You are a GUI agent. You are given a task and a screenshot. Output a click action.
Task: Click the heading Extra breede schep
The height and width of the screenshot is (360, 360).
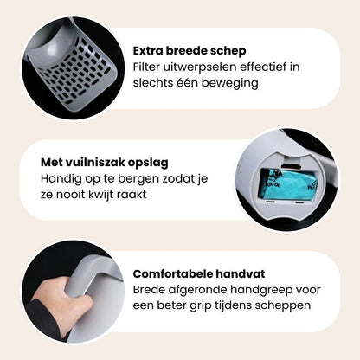coord(190,49)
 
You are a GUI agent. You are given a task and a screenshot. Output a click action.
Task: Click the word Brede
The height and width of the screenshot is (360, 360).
coord(151,290)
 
